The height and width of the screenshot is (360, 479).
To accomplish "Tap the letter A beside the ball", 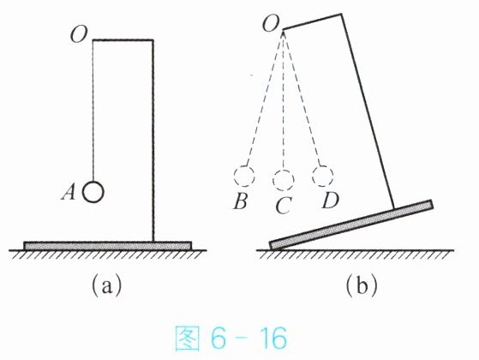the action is (x=69, y=193).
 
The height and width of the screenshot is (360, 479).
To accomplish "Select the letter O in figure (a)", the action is (x=79, y=34).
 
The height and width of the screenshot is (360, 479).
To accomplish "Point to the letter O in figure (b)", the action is (x=271, y=23).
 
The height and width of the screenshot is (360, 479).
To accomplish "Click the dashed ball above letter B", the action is (x=244, y=176).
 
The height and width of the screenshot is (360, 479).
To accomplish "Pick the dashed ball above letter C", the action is (x=284, y=180).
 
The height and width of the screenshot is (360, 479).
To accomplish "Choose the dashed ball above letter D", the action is (x=322, y=176).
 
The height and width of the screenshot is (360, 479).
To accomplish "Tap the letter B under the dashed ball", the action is (x=240, y=201).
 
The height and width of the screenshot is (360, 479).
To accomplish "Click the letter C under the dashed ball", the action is (x=283, y=206).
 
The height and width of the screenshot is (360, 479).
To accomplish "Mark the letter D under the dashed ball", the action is (x=330, y=201).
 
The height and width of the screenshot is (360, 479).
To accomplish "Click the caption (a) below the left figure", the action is (x=106, y=285).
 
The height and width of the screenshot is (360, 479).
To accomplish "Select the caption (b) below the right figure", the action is (x=362, y=285).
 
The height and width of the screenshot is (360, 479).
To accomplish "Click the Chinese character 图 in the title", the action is (x=187, y=339).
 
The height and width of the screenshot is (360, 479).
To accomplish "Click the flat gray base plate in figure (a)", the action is (x=107, y=245).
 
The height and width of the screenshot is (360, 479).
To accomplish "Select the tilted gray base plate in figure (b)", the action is (x=351, y=225).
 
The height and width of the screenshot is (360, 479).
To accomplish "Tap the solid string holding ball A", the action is (x=93, y=111).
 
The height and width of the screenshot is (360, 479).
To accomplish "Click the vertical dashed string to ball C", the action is (x=284, y=100).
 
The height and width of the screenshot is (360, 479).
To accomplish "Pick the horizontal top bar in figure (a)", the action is (x=123, y=39).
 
